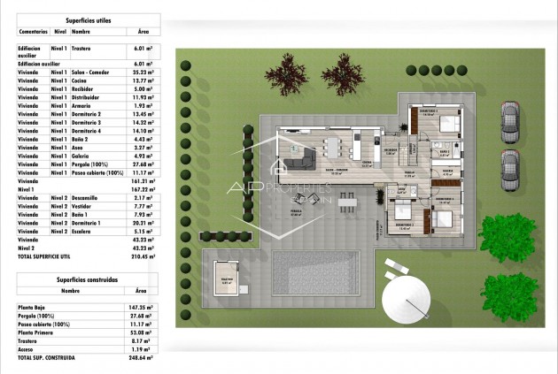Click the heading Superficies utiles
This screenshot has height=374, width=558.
[x=87, y=18]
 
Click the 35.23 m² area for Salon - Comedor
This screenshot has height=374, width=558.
[x=142, y=73]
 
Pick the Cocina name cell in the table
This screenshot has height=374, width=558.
[x=81, y=80]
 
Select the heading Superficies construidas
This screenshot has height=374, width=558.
[x=87, y=279]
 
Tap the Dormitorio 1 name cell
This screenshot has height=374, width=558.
[x=86, y=224]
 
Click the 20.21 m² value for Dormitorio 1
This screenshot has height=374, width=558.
[x=142, y=224]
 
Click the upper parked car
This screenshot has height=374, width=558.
[x=509, y=122]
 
